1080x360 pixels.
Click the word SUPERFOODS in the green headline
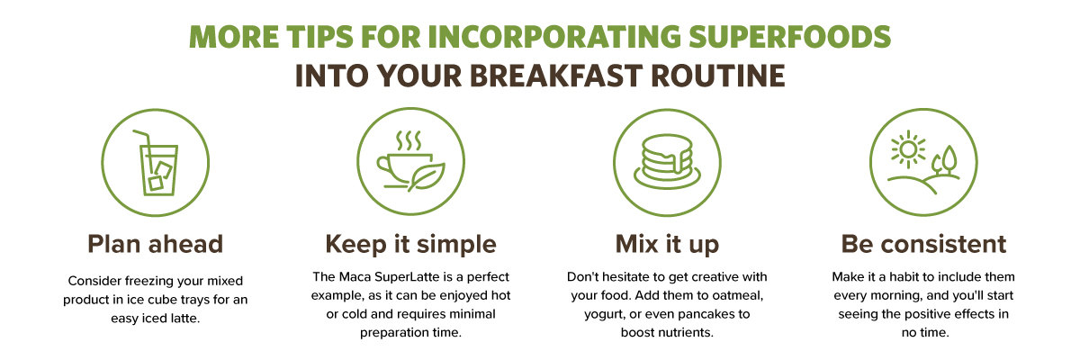tap(789, 37)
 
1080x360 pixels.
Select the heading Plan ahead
tap(155, 244)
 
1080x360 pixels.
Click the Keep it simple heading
tap(410, 245)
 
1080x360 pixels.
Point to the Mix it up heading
tap(667, 245)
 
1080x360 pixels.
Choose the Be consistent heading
tap(923, 244)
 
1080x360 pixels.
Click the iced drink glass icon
tap(159, 170)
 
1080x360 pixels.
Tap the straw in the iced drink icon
tap(144, 149)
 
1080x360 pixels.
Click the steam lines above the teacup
tap(409, 140)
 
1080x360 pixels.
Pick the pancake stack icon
tap(667, 161)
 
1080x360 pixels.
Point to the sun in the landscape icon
tap(908, 149)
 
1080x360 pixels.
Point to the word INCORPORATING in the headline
tap(554, 37)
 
